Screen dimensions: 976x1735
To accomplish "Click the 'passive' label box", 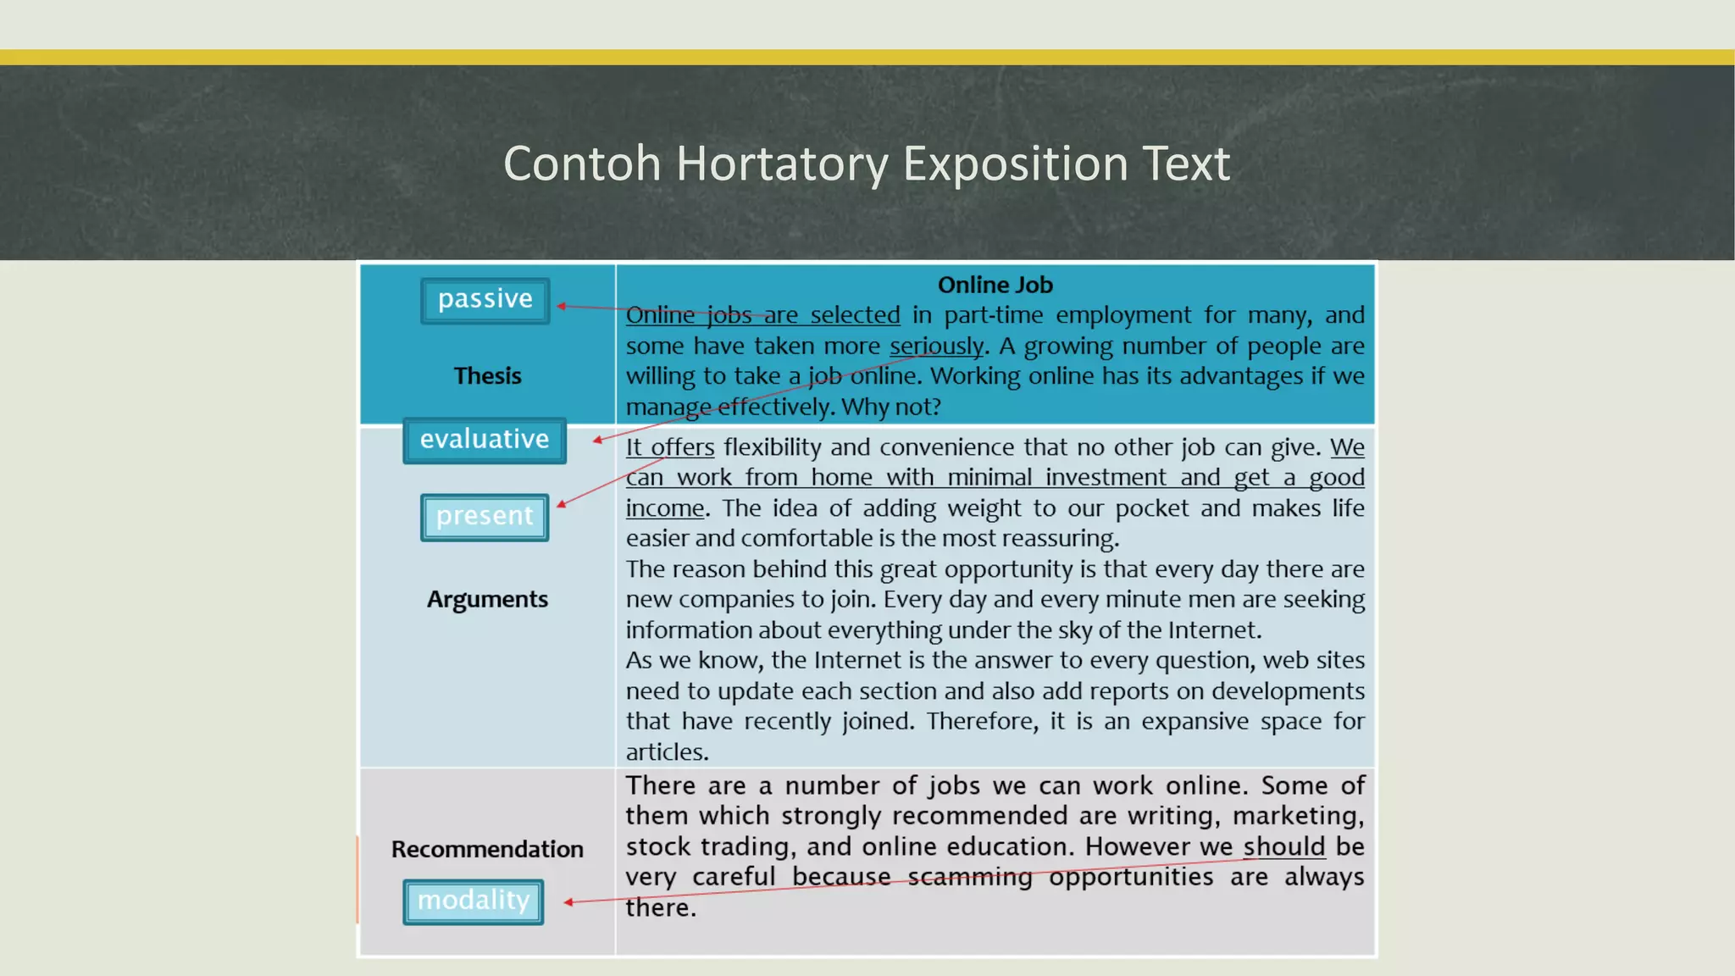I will (485, 300).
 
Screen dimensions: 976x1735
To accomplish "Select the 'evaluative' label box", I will (485, 440).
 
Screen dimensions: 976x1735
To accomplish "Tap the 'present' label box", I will (485, 517).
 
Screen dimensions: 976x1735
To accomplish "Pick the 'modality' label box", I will (473, 901).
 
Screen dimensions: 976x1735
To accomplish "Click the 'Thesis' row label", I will (487, 375).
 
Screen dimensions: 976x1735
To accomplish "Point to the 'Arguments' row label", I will (487, 599).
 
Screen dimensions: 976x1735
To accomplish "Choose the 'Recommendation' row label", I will (487, 849).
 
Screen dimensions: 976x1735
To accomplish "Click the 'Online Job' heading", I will (995, 285).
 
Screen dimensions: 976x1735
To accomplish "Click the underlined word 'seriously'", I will (936, 346).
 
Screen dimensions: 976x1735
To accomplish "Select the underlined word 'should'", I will (1283, 846).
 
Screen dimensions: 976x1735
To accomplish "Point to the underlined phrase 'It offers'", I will (669, 446).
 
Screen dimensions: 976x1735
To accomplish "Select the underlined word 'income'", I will (665, 507).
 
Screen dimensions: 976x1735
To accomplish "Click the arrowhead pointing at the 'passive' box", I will (561, 306).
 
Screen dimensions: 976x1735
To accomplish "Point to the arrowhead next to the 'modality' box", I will (568, 902).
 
